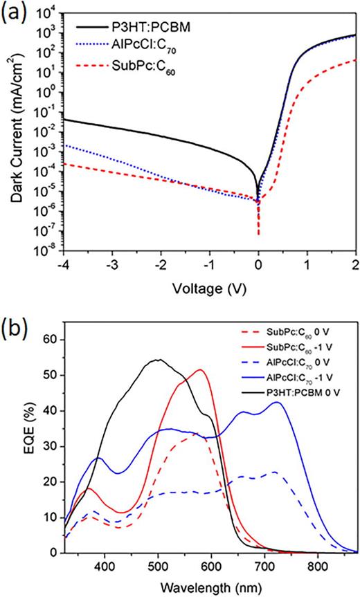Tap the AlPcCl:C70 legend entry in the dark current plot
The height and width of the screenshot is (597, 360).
click(x=127, y=48)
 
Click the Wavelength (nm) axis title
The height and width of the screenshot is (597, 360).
click(x=209, y=585)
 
